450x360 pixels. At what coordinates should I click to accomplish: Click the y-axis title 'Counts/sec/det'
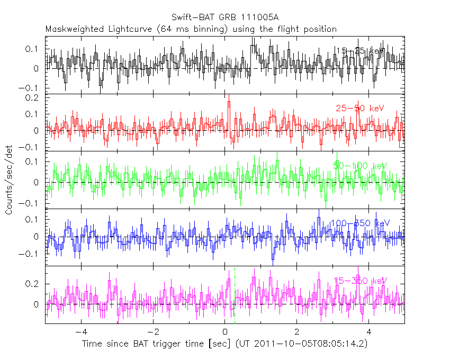[9, 180]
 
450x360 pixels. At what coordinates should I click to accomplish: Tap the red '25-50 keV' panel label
[359, 109]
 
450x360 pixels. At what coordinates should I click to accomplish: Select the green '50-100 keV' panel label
[360, 166]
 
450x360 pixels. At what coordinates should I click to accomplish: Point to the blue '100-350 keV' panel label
[359, 223]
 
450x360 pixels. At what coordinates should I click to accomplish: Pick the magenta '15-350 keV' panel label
[360, 281]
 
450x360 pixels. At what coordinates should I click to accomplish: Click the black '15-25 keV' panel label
[359, 51]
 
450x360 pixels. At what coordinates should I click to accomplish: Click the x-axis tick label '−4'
[80, 333]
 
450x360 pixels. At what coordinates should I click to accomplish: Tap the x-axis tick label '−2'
[152, 333]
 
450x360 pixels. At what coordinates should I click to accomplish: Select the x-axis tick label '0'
[225, 333]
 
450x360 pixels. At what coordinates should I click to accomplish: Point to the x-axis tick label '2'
[296, 333]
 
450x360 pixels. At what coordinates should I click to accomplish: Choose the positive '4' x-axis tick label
[368, 333]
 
